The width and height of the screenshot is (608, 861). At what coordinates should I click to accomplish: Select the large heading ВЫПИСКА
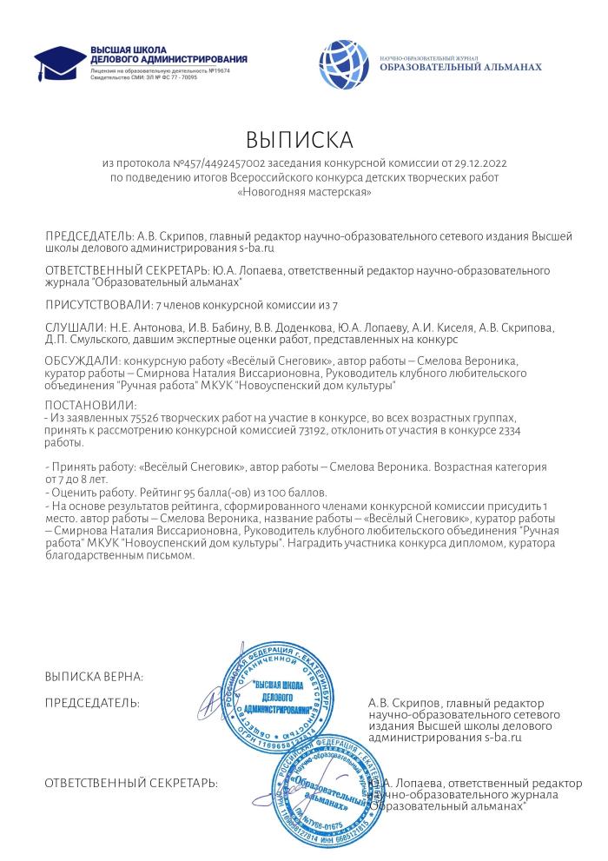300,141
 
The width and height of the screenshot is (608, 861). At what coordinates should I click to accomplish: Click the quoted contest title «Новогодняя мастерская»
304,191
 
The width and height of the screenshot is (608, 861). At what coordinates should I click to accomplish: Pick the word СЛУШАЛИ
74,328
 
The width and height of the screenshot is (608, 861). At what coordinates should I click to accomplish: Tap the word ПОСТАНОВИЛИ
90,405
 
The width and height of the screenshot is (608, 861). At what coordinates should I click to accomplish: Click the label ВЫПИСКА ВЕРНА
94,677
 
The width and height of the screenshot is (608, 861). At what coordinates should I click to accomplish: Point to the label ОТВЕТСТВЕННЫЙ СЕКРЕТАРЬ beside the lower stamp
131,783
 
